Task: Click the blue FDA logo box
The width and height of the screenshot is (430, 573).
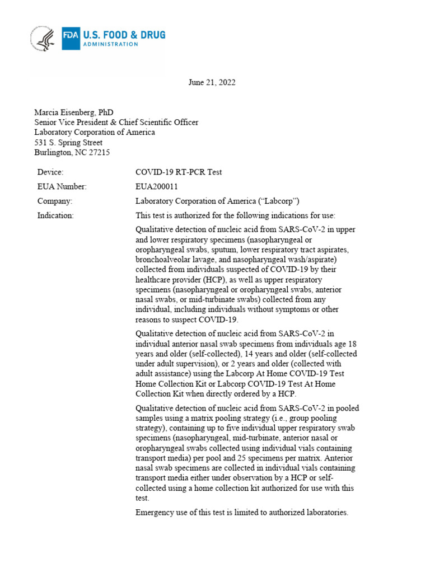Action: pos(71,39)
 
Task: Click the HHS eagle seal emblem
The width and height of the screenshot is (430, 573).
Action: pos(43,39)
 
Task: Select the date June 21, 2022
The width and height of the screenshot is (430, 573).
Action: pos(211,82)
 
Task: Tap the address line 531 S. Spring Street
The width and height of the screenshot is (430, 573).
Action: pos(68,143)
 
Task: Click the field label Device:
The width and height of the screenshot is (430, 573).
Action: pos(50,172)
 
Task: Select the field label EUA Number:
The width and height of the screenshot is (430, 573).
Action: pos(62,186)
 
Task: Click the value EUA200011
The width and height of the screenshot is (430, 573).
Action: pos(157,186)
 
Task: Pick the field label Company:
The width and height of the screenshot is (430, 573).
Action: pos(55,201)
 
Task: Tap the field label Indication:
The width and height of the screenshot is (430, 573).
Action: pos(55,215)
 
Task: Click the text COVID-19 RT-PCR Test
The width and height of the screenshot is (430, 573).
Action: pos(179,172)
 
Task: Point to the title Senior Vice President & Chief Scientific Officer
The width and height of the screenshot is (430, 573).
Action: pos(116,123)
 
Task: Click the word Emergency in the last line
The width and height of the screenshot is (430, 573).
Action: pos(153,512)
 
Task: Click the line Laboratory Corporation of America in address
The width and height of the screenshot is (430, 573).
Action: pos(95,133)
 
